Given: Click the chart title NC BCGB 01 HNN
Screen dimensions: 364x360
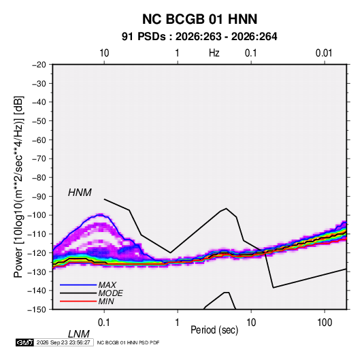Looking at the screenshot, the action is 199,19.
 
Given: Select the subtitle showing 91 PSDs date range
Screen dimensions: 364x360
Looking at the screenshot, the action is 199,37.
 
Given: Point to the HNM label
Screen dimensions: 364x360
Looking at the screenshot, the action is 80,193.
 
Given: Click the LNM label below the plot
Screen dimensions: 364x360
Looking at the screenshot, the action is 79,334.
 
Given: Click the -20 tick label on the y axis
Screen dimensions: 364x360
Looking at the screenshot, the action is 39,65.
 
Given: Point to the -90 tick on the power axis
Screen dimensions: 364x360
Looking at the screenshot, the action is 39,197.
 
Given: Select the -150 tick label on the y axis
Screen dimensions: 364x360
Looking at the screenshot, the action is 37,310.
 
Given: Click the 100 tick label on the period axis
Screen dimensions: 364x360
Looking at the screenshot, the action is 325,323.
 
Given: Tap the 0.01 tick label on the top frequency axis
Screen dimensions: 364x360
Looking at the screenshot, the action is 324,53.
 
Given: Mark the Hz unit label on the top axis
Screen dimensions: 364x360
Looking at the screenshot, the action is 214,53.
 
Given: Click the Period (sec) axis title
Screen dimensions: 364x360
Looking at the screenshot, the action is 214,330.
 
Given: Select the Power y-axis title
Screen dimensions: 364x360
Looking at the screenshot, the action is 18,187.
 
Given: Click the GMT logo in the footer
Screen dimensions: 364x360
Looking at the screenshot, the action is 24,342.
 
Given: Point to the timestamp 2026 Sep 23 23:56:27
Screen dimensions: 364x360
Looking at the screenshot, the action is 63,342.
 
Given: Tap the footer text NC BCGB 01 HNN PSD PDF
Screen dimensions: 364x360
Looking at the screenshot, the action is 128,342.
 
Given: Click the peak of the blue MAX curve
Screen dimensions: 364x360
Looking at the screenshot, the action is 100,214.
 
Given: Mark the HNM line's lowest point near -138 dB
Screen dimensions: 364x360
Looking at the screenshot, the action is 274,288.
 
